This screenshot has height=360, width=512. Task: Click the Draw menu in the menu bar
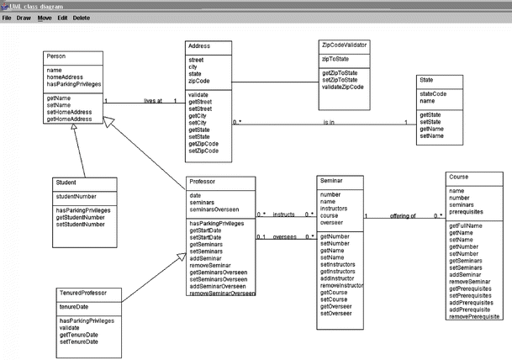[24, 18]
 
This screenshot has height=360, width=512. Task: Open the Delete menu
[81, 18]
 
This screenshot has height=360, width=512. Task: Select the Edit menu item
[62, 18]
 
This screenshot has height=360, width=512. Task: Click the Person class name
[56, 57]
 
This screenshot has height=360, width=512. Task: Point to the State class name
[426, 80]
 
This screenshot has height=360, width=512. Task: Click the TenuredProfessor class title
[84, 294]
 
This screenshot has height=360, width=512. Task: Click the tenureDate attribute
[74, 307]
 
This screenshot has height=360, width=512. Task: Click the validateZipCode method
[343, 87]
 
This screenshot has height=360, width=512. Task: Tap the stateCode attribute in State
[433, 94]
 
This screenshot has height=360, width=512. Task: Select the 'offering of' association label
[403, 216]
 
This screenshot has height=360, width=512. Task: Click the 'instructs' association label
[283, 214]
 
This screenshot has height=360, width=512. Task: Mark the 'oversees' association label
[284, 236]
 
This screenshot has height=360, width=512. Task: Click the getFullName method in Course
[467, 226]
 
